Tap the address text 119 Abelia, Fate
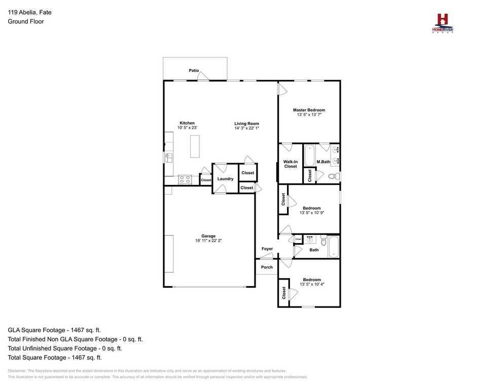coord(29,13)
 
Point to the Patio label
coord(194,70)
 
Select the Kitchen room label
coord(187,123)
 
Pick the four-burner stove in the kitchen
coord(185,179)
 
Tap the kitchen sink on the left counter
coord(169,158)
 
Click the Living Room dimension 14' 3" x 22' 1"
coord(246,129)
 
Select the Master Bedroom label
coord(309,110)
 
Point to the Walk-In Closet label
coord(291,164)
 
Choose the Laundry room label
coord(225,179)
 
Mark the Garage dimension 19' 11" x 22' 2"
coord(208,241)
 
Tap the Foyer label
coord(267,249)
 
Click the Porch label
coord(267,267)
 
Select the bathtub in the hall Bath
coord(334,247)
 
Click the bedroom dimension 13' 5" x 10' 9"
coord(312,213)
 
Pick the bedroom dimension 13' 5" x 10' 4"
coord(312,285)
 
